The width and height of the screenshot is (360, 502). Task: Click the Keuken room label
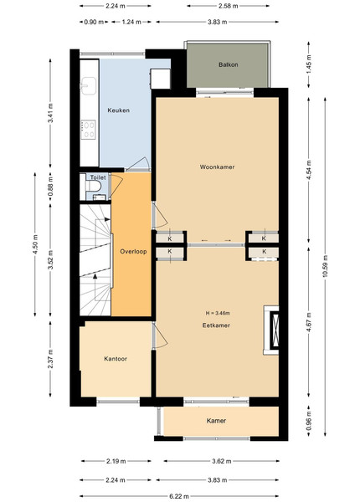pyautogui.click(x=119, y=110)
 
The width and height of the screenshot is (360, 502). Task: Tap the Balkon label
pyautogui.click(x=228, y=64)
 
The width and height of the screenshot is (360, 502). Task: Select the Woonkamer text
pyautogui.click(x=217, y=166)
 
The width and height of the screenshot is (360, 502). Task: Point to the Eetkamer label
pyautogui.click(x=216, y=325)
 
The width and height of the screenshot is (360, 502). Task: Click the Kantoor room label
pyautogui.click(x=116, y=359)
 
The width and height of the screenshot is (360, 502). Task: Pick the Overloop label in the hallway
pyautogui.click(x=133, y=251)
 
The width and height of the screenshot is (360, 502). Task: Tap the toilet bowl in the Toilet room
pyautogui.click(x=93, y=186)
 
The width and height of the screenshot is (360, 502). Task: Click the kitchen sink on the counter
pyautogui.click(x=89, y=86)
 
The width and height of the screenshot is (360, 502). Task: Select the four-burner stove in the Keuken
pyautogui.click(x=88, y=130)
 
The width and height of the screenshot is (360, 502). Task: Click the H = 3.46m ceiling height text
pyautogui.click(x=218, y=313)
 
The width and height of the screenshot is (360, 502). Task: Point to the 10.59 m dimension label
pyautogui.click(x=326, y=266)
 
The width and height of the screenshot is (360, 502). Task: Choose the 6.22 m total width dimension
pyautogui.click(x=179, y=496)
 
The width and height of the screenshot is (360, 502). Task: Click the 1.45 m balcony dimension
pyautogui.click(x=309, y=64)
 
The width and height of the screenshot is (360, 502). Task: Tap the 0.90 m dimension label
pyautogui.click(x=94, y=22)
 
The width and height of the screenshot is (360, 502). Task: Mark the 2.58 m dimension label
pyautogui.click(x=228, y=6)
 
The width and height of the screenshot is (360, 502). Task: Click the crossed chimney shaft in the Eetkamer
pyautogui.click(x=275, y=330)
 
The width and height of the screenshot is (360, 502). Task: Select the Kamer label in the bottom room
pyautogui.click(x=216, y=421)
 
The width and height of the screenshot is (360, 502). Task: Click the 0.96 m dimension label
pyautogui.click(x=309, y=422)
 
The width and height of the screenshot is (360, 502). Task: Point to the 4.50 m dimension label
pyautogui.click(x=35, y=244)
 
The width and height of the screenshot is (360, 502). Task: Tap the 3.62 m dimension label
pyautogui.click(x=221, y=461)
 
